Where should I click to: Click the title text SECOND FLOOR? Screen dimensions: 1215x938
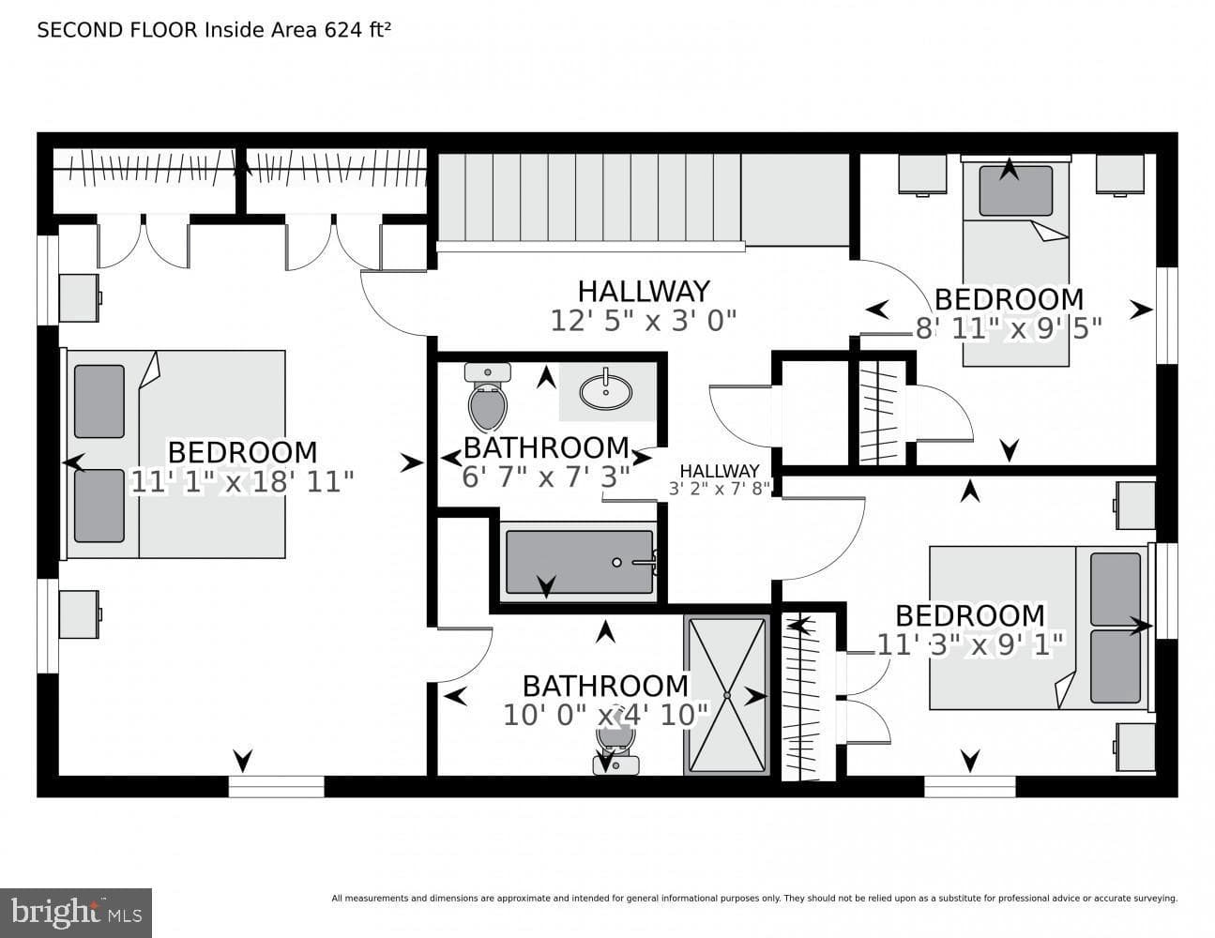[117, 30]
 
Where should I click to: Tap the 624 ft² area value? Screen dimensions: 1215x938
[357, 30]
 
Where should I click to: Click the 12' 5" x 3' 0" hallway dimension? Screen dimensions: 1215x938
[644, 321]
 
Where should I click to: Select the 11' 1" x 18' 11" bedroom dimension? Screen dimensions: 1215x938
[241, 481]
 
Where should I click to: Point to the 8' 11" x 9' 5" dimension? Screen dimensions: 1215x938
[1008, 328]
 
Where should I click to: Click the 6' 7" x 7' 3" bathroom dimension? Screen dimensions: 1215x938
[546, 477]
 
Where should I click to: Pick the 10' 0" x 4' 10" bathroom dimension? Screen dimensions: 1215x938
[605, 715]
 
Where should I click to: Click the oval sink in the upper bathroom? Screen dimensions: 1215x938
[606, 391]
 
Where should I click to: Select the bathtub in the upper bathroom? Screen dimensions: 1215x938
[579, 562]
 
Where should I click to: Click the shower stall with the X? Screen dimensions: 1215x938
[727, 695]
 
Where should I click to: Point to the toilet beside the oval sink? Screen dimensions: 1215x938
[488, 397]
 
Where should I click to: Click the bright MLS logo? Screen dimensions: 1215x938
[76, 913]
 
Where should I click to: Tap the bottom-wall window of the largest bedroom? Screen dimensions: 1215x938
[276, 786]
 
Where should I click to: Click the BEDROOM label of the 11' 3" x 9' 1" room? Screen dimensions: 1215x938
[970, 615]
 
